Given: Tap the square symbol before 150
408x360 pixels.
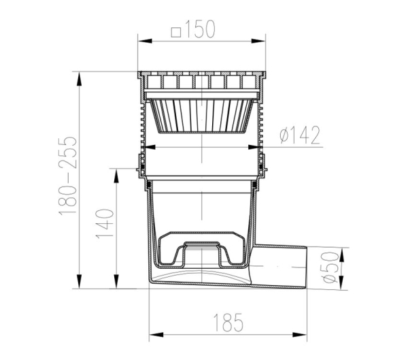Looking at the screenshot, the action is (176, 32).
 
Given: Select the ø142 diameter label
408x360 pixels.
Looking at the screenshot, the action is (300, 135).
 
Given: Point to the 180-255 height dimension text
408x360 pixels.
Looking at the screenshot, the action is (68, 176).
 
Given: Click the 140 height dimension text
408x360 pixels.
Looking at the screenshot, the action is (105, 223).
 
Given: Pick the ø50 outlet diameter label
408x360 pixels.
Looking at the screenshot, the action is (330, 267).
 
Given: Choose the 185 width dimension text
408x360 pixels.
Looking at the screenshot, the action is (228, 322).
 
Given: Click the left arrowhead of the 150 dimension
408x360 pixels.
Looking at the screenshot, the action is (145, 41).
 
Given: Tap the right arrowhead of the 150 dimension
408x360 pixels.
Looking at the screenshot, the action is (258, 41).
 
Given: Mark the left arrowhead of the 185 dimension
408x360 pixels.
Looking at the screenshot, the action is (156, 335).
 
